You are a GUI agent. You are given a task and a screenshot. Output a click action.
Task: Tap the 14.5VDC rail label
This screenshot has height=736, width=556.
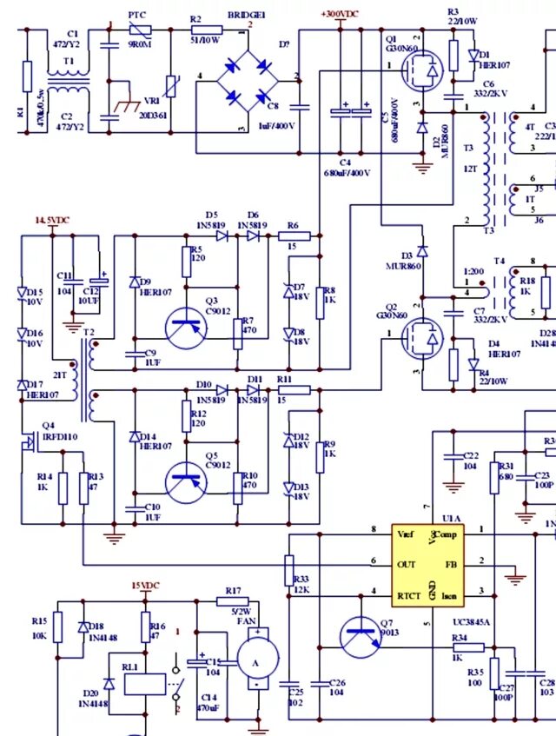52,221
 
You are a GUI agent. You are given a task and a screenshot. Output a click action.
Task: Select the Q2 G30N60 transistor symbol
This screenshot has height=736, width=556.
422,338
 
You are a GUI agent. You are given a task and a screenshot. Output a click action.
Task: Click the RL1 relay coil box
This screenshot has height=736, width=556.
144,684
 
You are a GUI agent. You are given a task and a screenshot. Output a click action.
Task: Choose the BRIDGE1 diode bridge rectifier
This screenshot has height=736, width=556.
247,80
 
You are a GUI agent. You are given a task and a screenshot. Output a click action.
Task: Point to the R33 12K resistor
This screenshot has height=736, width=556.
289,570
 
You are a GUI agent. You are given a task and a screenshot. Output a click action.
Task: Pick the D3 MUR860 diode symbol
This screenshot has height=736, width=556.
422,251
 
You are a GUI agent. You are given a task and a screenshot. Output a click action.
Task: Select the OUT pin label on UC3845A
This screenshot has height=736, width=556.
406,564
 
